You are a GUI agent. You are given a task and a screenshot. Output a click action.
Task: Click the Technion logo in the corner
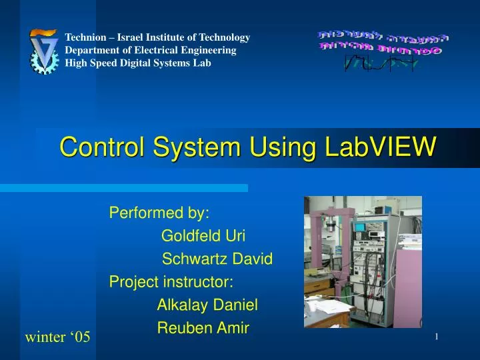point(45,51)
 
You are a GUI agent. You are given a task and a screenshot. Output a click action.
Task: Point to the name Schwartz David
point(217,259)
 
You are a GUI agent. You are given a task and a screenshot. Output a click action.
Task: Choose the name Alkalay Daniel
point(207,305)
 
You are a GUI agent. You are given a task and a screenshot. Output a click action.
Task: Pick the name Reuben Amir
point(203,327)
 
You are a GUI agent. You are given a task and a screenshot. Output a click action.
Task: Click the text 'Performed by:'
point(159,213)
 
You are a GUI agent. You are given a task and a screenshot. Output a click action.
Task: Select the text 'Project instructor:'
point(171,282)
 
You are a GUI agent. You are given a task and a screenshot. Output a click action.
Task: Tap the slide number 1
point(436,337)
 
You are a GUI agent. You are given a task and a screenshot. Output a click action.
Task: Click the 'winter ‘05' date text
point(57,337)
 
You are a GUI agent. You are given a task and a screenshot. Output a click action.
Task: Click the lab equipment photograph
point(363,261)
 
